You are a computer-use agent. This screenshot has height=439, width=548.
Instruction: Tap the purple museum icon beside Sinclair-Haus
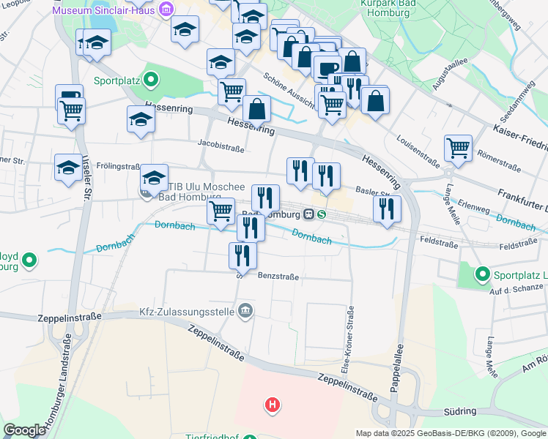point(167,10)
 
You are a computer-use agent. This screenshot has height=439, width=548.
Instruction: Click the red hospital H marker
point(273,404)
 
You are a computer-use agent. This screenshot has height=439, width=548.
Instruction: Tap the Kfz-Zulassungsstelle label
point(186,312)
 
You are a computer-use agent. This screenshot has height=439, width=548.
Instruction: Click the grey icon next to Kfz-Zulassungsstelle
point(245,312)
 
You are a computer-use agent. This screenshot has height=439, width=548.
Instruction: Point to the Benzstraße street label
point(278,276)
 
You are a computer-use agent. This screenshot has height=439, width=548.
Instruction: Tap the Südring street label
point(459,411)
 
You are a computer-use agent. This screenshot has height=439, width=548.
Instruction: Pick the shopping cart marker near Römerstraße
point(458,147)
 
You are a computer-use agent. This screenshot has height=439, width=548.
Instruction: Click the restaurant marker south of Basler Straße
point(387,209)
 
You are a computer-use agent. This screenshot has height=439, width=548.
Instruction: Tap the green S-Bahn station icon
point(322,214)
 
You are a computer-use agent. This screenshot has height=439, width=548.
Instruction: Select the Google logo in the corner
point(24,430)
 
